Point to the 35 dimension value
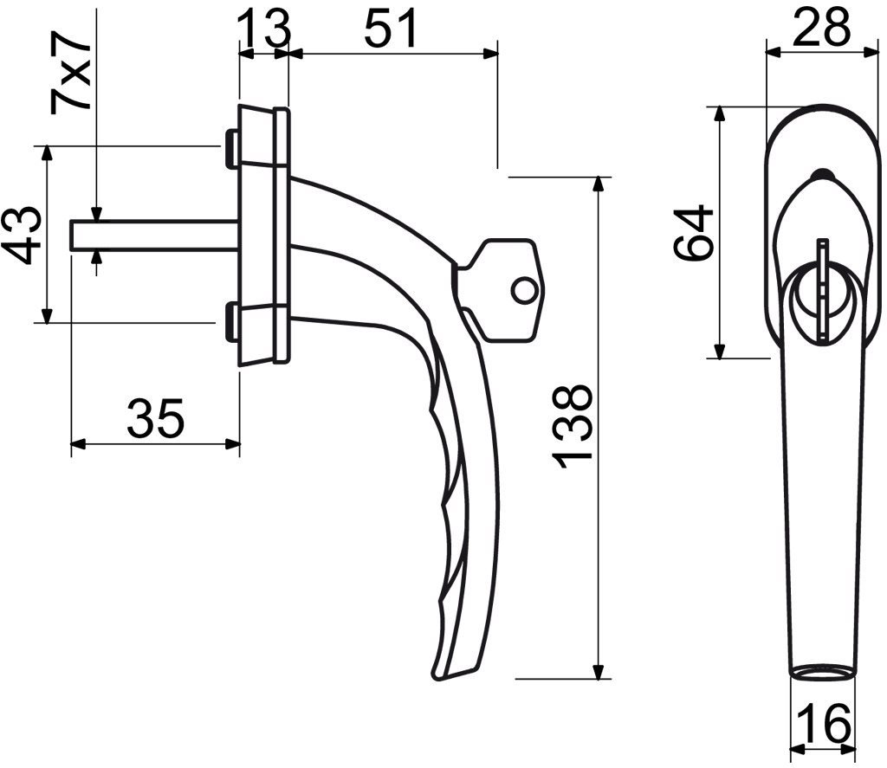point(156,418)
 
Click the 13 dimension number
point(263,28)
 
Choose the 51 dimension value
point(391,28)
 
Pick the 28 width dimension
point(821,27)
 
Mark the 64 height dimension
point(694,233)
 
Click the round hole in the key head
point(524,291)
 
